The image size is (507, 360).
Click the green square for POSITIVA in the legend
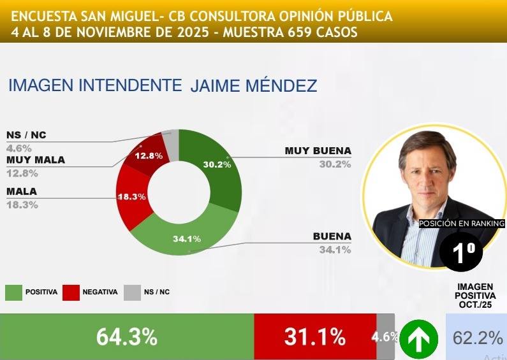pos(13,292)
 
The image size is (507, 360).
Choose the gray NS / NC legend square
pos(132,292)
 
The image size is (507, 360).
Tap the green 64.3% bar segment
pos(127,337)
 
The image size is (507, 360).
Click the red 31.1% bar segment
pos(315,337)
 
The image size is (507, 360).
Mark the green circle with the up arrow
pos(418,338)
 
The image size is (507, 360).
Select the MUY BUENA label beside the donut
pos(318,151)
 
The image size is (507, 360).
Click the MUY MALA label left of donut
pos(36,160)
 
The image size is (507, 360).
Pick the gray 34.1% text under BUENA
pos(335,249)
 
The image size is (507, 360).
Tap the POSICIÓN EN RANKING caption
pos(461,224)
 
